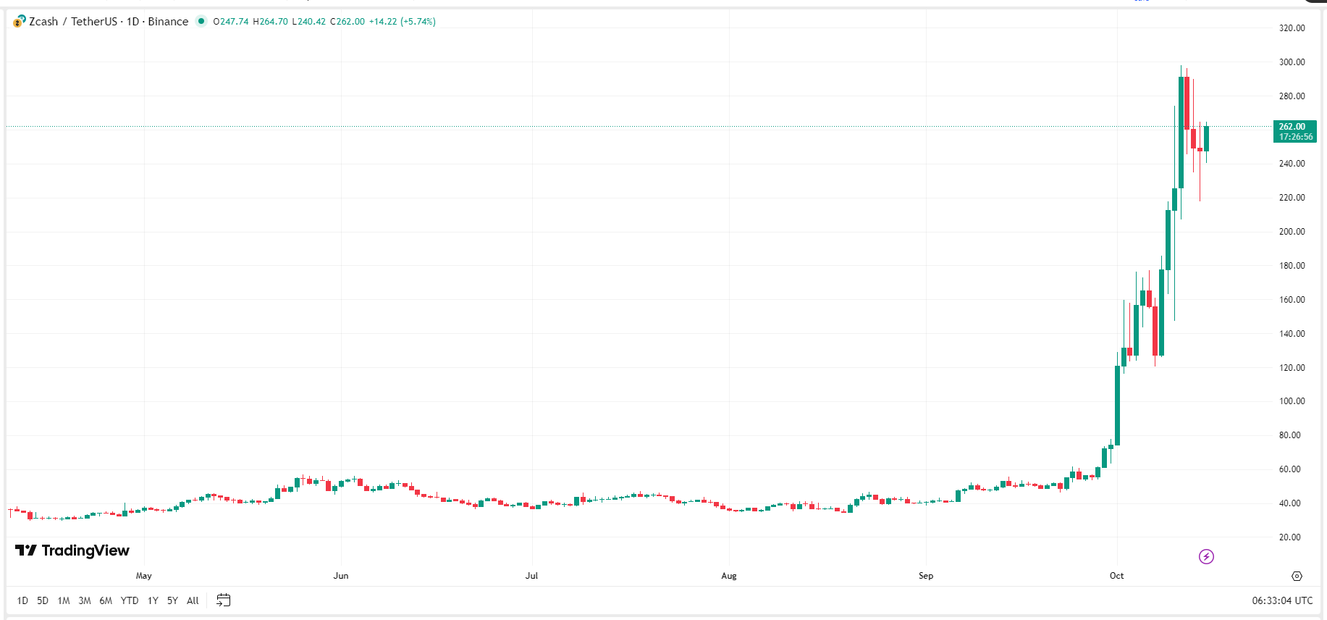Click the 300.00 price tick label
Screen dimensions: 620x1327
[x=1292, y=62]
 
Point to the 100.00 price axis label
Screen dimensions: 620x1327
[x=1292, y=401]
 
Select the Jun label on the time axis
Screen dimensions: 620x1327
[x=341, y=576]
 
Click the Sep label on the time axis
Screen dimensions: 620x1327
[x=926, y=576]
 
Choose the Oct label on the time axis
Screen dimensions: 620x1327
[x=1116, y=576]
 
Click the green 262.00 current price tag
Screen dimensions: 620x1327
[x=1294, y=131]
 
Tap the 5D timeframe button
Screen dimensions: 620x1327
[x=43, y=600]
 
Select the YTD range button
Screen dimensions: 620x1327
[x=130, y=600]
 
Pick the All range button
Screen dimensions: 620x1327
[x=193, y=600]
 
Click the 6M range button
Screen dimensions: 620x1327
[x=106, y=600]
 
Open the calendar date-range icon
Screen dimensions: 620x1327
[x=224, y=600]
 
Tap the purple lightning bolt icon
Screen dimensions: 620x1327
[x=1206, y=556]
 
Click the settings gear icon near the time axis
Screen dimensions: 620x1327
[x=1297, y=576]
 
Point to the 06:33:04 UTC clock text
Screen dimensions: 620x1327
[x=1282, y=600]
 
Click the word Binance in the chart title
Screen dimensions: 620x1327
[x=168, y=22]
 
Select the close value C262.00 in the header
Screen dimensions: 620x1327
[x=347, y=22]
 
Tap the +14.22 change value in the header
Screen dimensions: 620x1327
[x=383, y=22]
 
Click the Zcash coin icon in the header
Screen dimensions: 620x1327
[x=20, y=22]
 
